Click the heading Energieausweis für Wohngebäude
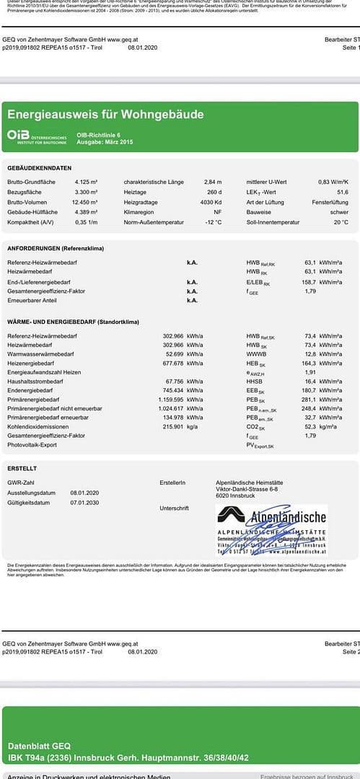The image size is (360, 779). [105, 115]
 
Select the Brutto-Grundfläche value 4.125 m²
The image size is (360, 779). [86, 182]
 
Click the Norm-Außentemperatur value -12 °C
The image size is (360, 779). [213, 222]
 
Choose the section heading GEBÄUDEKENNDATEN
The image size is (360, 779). [39, 167]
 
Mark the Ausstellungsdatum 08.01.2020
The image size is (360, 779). [84, 493]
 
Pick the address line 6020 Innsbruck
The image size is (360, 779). [236, 496]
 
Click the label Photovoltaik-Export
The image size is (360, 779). [32, 445]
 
